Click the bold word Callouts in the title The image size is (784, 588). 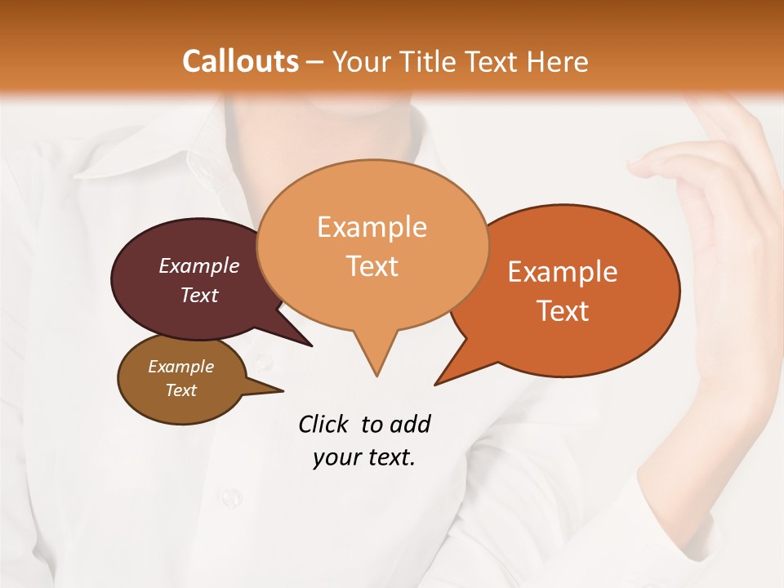(240, 61)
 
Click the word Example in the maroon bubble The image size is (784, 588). (199, 265)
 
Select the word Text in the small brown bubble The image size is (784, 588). (180, 390)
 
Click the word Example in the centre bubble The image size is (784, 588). (372, 227)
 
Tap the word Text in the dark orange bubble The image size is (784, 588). (563, 311)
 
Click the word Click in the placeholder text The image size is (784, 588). (325, 424)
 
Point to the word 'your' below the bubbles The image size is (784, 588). (335, 457)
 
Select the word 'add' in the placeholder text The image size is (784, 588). (409, 424)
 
